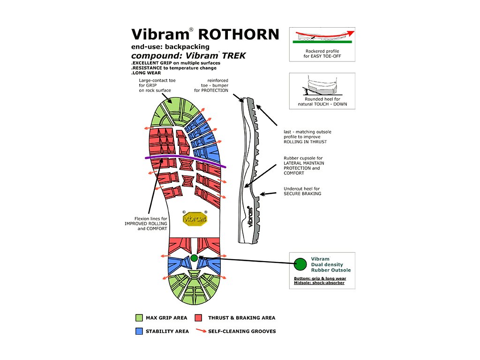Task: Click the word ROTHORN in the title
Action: coord(239,34)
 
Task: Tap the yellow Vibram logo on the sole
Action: coord(195,218)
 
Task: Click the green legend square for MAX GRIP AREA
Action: coord(139,318)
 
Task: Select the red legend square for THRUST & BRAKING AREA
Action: coord(198,318)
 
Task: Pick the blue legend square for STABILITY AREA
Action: coord(139,331)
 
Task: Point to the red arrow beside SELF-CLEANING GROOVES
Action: coord(201,330)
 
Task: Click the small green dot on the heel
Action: coord(194,258)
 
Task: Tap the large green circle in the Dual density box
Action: coord(300,264)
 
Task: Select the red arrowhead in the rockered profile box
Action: coord(351,32)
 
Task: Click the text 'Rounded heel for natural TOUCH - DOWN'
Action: coord(322,102)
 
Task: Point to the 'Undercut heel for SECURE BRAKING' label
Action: coord(302,191)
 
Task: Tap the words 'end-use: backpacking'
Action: coord(170,47)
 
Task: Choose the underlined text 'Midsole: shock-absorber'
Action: coord(319,283)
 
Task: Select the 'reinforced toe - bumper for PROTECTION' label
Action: coord(211,85)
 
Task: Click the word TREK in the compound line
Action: coord(234,56)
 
